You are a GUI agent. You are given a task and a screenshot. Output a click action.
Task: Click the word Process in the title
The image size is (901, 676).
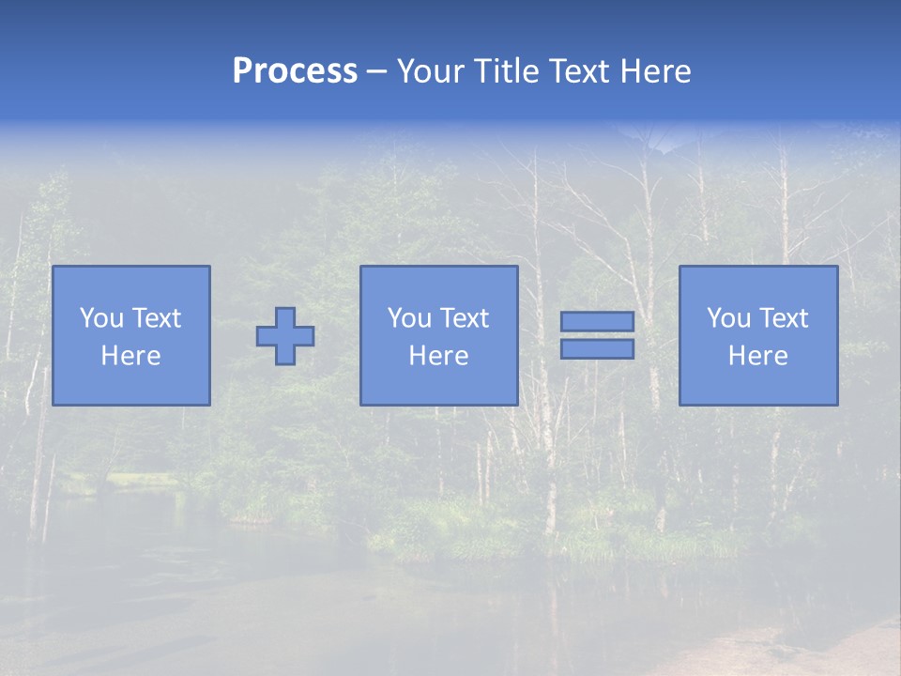295,71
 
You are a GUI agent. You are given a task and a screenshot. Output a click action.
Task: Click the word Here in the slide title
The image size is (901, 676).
657,71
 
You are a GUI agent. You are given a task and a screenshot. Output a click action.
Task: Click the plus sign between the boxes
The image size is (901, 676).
285,336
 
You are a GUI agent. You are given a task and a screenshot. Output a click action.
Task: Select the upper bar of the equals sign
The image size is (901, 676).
597,322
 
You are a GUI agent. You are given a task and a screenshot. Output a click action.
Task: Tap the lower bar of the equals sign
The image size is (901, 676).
597,349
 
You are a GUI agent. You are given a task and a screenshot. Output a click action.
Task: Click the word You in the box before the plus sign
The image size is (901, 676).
101,318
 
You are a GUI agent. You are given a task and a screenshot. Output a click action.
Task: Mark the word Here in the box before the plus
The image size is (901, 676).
130,356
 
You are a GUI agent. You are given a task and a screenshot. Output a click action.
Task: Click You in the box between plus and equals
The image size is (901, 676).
409,318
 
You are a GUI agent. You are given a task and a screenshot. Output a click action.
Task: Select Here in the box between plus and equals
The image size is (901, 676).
438,356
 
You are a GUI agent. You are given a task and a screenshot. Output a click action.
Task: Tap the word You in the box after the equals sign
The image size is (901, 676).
728,318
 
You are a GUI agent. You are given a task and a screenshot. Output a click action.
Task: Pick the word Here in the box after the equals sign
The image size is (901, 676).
757,356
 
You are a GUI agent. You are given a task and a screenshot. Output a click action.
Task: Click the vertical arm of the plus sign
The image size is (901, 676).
285,316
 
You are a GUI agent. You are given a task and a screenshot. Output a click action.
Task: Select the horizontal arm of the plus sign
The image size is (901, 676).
266,336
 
